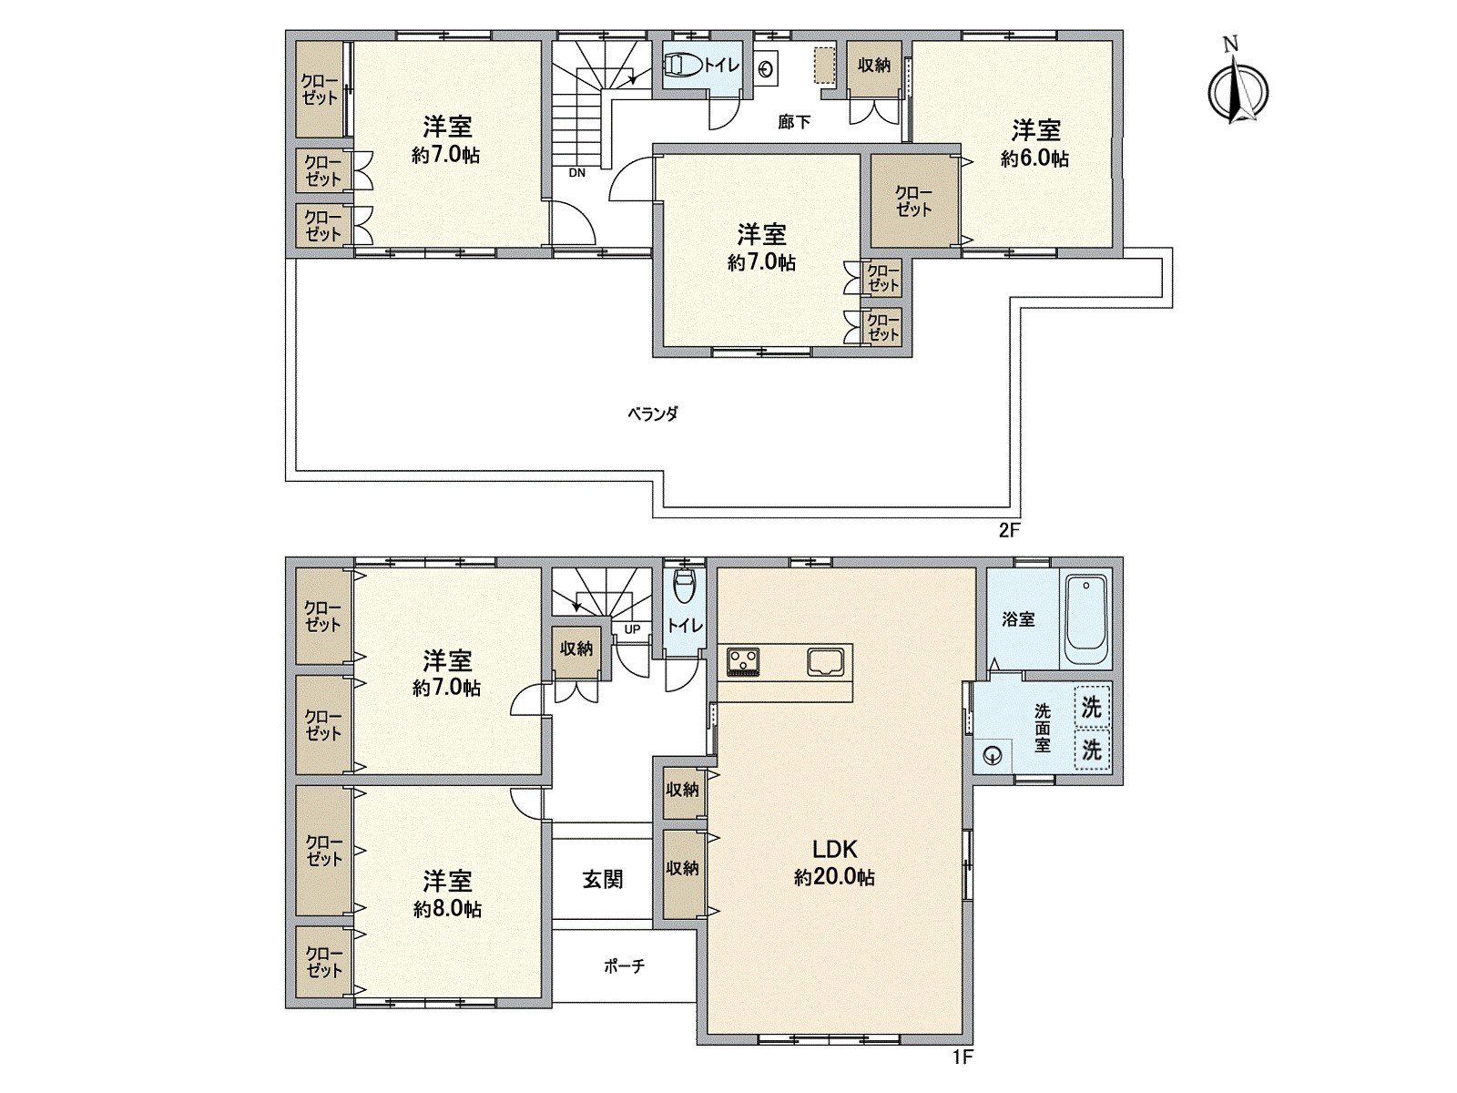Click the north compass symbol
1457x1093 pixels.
pyautogui.click(x=1238, y=88)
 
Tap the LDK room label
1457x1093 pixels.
pyautogui.click(x=834, y=850)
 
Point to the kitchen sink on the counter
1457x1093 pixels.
pyautogui.click(x=828, y=661)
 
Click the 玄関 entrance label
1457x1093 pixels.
pyautogui.click(x=603, y=880)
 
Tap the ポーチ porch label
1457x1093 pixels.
pyautogui.click(x=624, y=966)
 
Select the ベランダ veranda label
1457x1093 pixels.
pyautogui.click(x=653, y=414)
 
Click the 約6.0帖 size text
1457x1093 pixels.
pyautogui.click(x=1035, y=158)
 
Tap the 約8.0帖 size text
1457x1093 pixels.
pyautogui.click(x=447, y=909)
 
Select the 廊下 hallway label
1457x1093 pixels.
pyautogui.click(x=794, y=121)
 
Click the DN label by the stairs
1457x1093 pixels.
pyautogui.click(x=577, y=171)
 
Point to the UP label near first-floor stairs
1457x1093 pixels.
pyautogui.click(x=632, y=629)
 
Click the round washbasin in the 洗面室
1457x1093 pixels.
pyautogui.click(x=993, y=754)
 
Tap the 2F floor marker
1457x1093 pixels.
pyautogui.click(x=1007, y=531)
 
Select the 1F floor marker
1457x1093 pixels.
pyautogui.click(x=963, y=1058)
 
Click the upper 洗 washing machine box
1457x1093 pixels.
pyautogui.click(x=1091, y=707)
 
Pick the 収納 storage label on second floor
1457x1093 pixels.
pyautogui.click(x=874, y=66)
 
